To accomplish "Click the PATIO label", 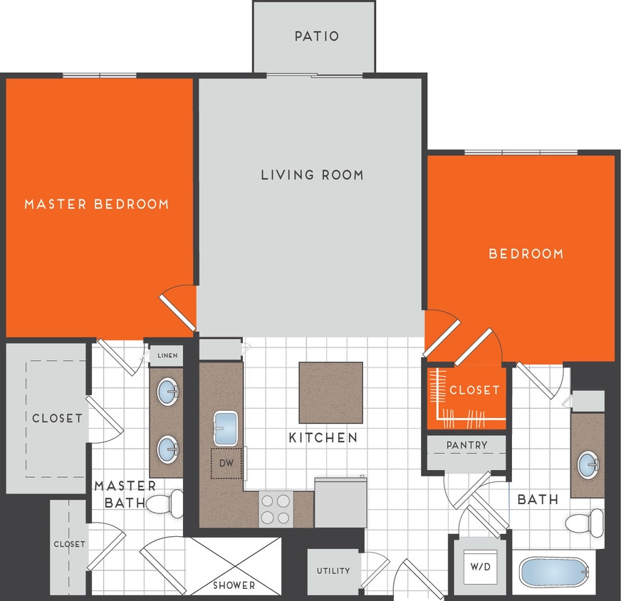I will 317,36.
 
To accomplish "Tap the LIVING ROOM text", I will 312,174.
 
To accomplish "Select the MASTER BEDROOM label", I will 97,204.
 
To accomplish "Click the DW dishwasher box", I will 227,463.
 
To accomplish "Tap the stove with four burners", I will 276,509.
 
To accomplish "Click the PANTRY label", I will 467,446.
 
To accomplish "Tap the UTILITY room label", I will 333,570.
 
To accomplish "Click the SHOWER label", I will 234,585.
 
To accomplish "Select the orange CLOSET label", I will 474,390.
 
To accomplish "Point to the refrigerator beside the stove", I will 340,502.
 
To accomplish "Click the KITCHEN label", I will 323,437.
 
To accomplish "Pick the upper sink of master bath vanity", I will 168,391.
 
